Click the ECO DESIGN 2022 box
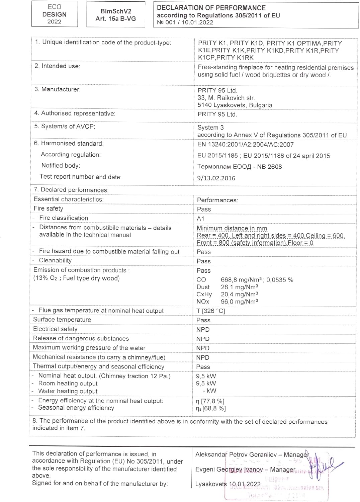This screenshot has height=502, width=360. click(54, 14)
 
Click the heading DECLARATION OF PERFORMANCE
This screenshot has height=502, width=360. click(211, 8)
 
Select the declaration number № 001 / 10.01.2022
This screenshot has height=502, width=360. click(185, 22)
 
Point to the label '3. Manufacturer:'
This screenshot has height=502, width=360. click(58, 89)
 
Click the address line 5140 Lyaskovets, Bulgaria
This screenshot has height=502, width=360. click(235, 105)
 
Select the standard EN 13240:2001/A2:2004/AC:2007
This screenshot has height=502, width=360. click(245, 145)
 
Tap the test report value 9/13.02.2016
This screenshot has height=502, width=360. click(216, 178)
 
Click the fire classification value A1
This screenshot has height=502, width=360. click(200, 219)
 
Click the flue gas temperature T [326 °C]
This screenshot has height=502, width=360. click(210, 311)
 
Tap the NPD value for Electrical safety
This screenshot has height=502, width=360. click(203, 330)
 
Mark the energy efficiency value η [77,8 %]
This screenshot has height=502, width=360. click(210, 401)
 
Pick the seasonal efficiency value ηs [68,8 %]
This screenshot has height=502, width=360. click(211, 408)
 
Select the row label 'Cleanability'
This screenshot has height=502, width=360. click(55, 260)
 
